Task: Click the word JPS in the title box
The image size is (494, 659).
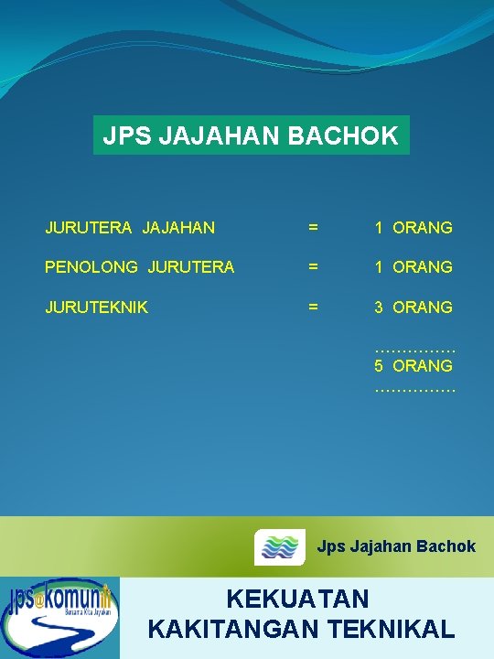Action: [127, 136]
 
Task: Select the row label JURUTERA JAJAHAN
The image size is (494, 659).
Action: [130, 227]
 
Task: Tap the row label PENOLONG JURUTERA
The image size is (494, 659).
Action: [140, 267]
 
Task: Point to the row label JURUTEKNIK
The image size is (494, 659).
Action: [97, 308]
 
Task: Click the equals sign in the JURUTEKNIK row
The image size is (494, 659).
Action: [313, 308]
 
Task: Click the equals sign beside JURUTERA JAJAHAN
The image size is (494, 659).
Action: [313, 227]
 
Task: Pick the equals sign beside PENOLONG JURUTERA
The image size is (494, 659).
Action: [313, 267]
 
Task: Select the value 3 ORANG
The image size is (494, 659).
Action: [413, 308]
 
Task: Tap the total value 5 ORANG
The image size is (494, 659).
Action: [413, 365]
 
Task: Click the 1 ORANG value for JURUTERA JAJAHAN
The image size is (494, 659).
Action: [413, 227]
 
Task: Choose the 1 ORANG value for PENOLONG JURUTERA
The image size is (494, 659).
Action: [413, 267]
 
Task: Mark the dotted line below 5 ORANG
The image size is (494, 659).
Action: [414, 389]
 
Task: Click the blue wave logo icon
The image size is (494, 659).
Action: [280, 546]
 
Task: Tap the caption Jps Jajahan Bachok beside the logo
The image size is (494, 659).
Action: [396, 546]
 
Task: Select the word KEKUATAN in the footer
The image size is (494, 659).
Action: [297, 600]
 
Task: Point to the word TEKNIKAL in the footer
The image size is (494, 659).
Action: [398, 629]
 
